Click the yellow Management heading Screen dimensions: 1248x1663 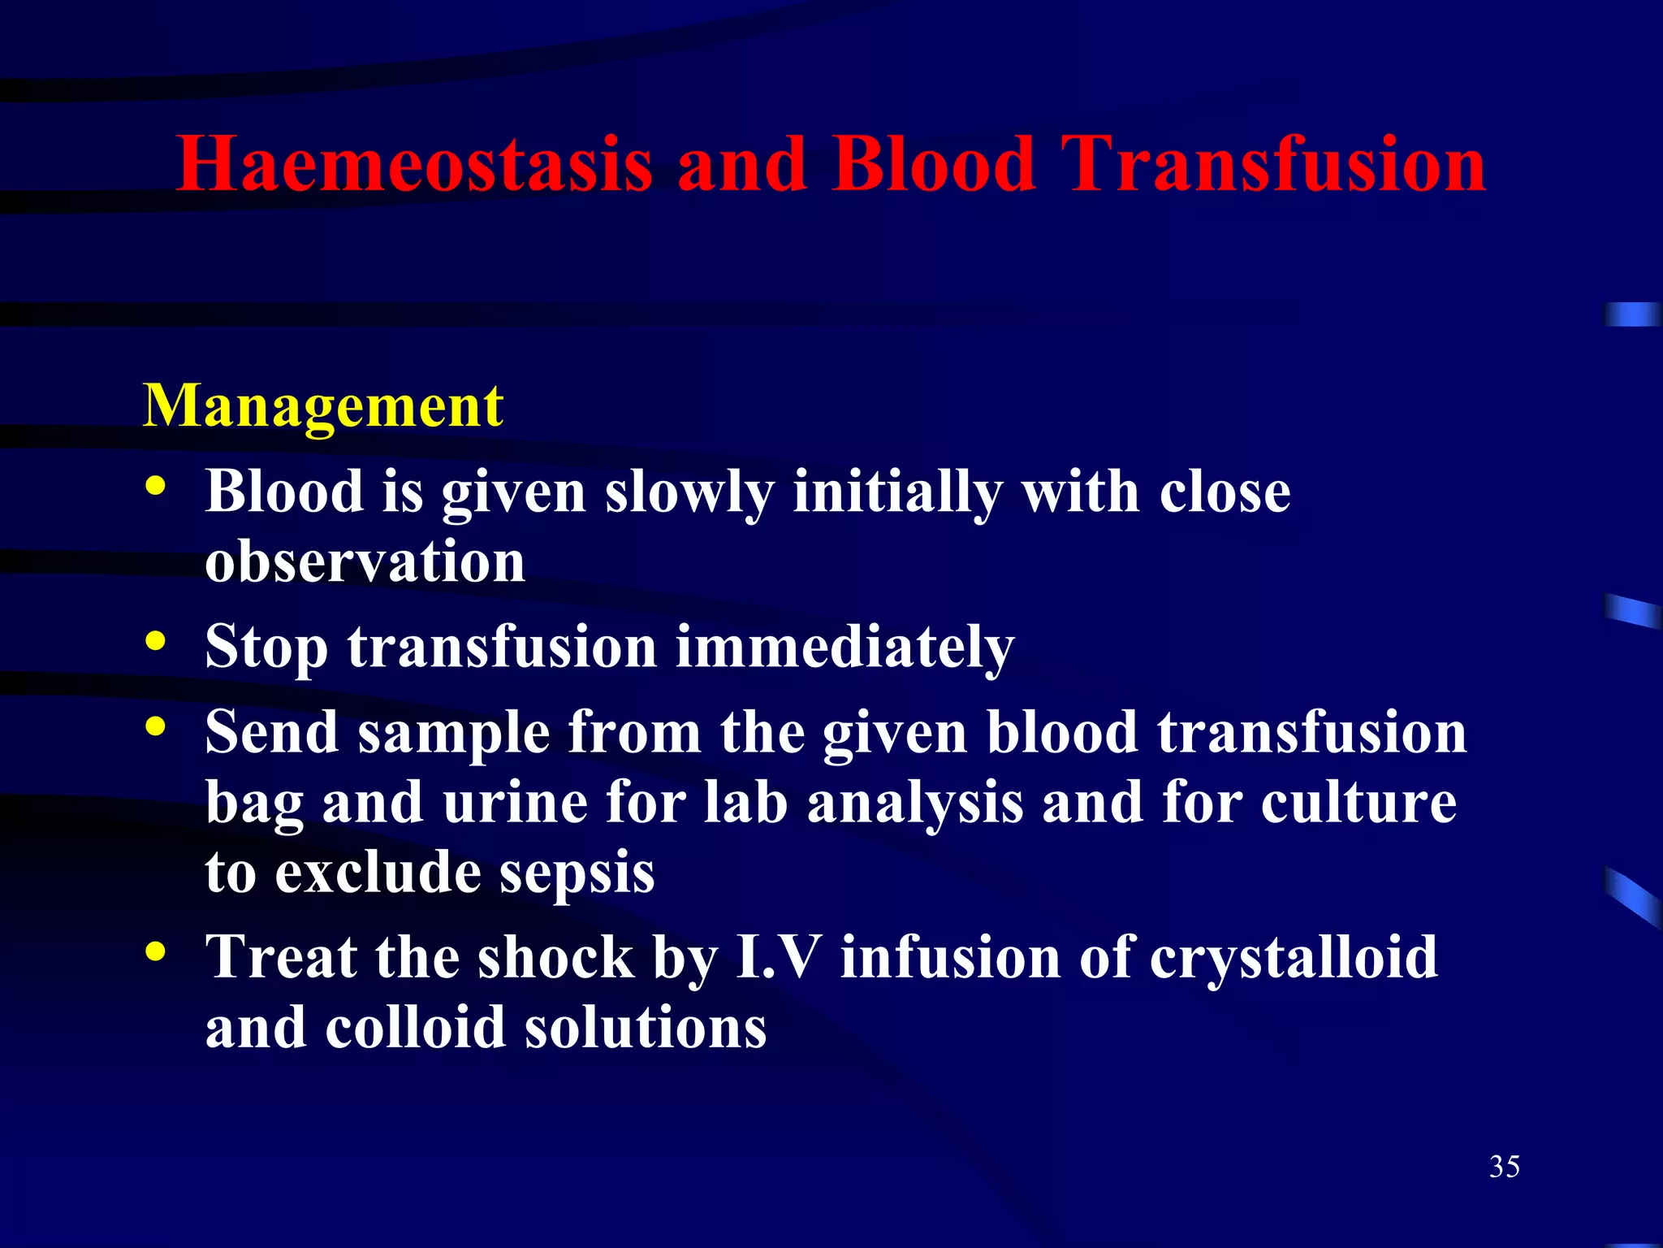click(x=323, y=406)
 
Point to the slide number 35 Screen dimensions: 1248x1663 click(x=1504, y=1167)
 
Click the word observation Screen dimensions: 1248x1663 click(x=365, y=562)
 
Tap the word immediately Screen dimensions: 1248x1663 click(x=845, y=648)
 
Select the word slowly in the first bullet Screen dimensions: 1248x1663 click(x=689, y=493)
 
